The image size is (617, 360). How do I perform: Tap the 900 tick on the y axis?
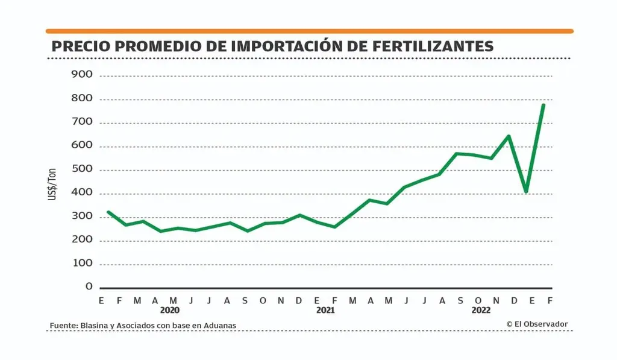[x=81, y=75]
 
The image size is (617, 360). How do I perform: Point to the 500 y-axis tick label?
[x=81, y=169]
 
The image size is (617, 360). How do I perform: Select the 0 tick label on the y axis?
[x=89, y=287]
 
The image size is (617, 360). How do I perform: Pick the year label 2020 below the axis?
[x=170, y=310]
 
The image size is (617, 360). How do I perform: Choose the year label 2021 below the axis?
[x=325, y=310]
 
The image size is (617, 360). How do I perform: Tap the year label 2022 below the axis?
[x=481, y=310]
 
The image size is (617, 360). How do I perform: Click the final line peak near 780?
[x=543, y=105]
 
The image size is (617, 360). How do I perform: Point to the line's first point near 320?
[x=108, y=212]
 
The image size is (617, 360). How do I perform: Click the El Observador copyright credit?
[x=537, y=324]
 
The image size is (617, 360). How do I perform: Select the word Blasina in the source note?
[x=95, y=326]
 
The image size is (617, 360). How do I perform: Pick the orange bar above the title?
[x=309, y=31]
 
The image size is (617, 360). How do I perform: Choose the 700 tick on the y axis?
[x=81, y=122]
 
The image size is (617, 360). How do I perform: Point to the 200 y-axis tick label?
[x=81, y=240]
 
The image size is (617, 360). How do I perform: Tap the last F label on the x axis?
[x=550, y=300]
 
